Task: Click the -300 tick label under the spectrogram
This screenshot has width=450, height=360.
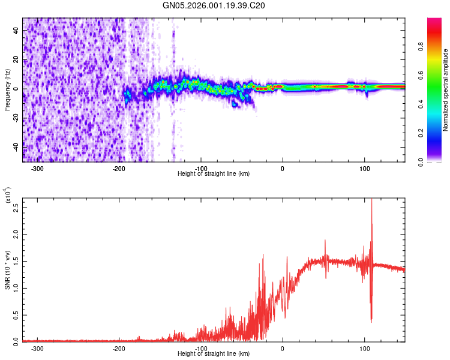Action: coord(37,169)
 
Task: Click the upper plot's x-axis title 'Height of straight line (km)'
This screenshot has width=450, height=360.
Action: coord(214,173)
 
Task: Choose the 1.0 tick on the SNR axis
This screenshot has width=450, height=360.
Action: coord(16,288)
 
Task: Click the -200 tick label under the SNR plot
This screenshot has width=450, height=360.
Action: coord(119,348)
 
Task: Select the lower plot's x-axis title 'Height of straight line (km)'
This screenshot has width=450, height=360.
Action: coord(214,353)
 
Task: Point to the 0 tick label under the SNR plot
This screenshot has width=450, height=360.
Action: coord(283,348)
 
